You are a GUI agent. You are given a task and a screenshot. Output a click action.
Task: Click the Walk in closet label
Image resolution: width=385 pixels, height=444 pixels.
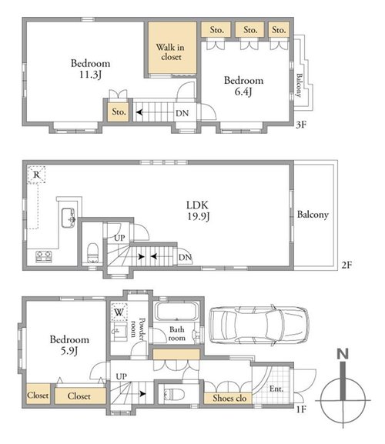(x=170, y=52)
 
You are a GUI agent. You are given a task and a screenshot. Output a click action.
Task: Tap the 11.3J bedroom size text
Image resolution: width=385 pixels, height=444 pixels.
(x=90, y=75)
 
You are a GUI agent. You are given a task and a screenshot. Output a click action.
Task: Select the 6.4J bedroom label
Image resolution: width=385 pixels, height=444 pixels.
(x=243, y=85)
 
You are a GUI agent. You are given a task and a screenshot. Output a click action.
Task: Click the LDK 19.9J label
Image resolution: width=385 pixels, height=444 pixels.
(x=198, y=210)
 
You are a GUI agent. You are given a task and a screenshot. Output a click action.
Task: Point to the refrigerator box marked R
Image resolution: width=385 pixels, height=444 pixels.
(x=36, y=175)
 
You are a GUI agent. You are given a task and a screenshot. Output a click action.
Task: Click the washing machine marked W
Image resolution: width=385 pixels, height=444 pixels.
(x=119, y=312)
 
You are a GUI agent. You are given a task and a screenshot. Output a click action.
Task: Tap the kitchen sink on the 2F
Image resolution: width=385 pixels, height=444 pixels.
(x=69, y=218)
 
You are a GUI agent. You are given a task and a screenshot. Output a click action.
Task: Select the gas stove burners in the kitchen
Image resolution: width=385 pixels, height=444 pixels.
(x=44, y=256)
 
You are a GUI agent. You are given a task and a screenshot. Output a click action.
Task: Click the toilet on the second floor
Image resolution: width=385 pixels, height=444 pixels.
(x=92, y=253)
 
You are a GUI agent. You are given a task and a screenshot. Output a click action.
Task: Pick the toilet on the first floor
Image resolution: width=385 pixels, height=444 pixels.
(x=174, y=394)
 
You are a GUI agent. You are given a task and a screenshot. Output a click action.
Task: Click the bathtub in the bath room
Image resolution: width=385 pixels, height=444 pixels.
(x=176, y=312)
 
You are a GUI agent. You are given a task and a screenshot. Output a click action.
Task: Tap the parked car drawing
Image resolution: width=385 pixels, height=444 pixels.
(x=259, y=325)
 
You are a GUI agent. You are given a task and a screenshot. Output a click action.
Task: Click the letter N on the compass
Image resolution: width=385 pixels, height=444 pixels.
(x=343, y=354)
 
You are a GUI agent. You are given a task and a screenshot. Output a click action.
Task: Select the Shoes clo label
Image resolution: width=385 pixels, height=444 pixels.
(x=229, y=398)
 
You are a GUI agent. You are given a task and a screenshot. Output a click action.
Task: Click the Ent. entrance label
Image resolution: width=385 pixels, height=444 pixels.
(x=276, y=389)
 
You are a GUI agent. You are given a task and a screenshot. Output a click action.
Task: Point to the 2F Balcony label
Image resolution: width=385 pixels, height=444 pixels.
(x=313, y=215)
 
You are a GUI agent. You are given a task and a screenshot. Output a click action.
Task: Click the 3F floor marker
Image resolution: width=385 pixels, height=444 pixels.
(x=301, y=125)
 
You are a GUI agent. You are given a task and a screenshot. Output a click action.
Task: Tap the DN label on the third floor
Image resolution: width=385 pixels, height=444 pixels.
(x=182, y=113)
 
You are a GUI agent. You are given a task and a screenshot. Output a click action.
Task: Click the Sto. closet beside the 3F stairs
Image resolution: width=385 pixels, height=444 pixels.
(x=119, y=112)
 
